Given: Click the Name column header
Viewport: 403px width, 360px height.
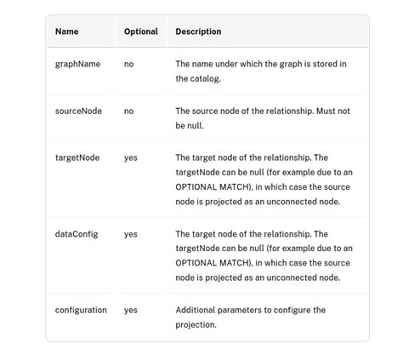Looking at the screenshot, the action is click(x=66, y=31).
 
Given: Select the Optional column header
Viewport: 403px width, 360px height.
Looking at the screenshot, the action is click(x=141, y=31).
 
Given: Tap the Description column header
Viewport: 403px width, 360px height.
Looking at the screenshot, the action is click(x=198, y=31).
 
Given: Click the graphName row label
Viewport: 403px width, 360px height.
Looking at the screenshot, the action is click(x=77, y=64).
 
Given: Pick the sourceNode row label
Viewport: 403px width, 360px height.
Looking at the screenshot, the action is click(x=79, y=111).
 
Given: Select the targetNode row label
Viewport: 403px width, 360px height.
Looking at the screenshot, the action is click(x=77, y=157).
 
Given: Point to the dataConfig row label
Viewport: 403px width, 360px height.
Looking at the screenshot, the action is click(x=77, y=233).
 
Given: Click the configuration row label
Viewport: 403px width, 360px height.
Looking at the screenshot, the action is click(x=82, y=310).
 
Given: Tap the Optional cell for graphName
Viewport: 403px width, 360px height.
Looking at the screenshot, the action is click(x=129, y=64).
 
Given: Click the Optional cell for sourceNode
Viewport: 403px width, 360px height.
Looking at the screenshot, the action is click(x=129, y=111).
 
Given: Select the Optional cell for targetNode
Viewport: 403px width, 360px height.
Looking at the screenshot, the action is click(x=131, y=157).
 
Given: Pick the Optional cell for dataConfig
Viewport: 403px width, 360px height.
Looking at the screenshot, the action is click(x=131, y=233).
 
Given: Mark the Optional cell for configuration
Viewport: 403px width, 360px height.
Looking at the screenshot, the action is click(x=131, y=310).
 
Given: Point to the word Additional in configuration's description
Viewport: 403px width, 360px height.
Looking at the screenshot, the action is click(x=199, y=310).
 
